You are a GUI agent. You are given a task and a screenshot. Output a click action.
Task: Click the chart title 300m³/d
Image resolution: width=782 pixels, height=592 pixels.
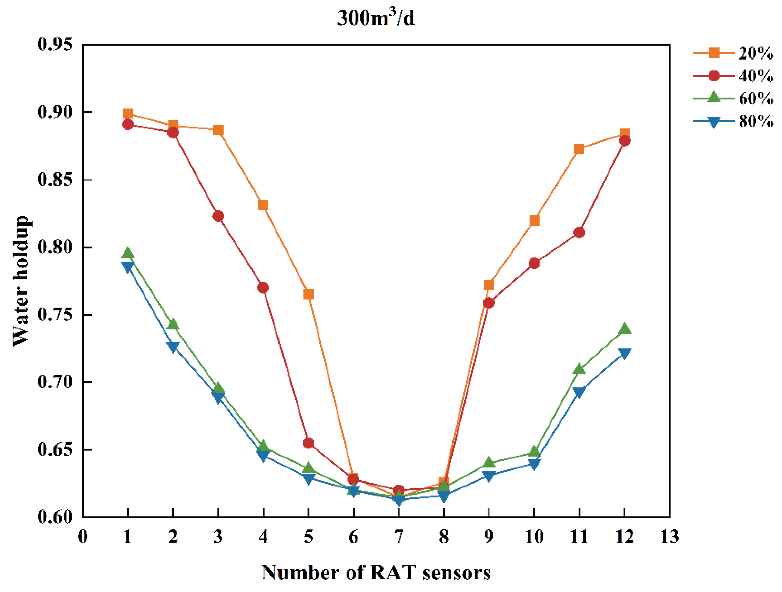click(x=376, y=18)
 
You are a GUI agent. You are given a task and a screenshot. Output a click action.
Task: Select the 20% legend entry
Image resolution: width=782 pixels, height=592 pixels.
click(x=733, y=53)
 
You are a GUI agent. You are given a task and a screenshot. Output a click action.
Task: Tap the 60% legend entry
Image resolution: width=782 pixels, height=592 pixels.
click(x=733, y=99)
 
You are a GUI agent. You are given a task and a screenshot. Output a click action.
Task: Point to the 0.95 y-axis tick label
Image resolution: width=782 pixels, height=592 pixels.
click(x=55, y=45)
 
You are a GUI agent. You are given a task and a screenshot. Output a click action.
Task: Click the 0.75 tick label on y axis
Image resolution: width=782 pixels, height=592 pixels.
click(x=55, y=315)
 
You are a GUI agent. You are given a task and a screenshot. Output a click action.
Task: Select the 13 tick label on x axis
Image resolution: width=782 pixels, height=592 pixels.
click(x=670, y=537)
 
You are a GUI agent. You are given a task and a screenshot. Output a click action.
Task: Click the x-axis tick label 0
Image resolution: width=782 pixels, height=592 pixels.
click(x=83, y=537)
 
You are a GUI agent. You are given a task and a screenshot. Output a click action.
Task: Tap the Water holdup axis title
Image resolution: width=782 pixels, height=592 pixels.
click(x=21, y=281)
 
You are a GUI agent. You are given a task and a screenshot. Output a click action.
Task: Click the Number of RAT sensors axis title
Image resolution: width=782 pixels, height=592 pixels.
click(x=376, y=573)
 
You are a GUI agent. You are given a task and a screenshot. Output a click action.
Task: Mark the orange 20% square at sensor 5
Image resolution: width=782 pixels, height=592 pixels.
click(x=308, y=294)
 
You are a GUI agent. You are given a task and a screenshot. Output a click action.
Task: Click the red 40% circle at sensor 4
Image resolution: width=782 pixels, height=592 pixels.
click(x=263, y=288)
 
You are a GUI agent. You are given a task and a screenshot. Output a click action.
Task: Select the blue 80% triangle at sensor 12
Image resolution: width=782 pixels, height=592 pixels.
click(x=624, y=353)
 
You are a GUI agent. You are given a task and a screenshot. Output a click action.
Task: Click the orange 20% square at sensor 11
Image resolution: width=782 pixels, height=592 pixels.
click(x=579, y=149)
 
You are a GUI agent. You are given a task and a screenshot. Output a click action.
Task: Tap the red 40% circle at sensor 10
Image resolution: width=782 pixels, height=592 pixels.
click(x=534, y=263)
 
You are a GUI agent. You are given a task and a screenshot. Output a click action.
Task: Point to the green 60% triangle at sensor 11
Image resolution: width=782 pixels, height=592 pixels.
click(x=579, y=369)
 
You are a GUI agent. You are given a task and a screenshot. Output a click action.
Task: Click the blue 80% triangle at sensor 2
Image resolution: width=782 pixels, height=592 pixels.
click(x=173, y=347)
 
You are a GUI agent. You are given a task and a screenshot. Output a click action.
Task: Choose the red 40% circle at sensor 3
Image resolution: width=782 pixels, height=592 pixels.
click(x=218, y=216)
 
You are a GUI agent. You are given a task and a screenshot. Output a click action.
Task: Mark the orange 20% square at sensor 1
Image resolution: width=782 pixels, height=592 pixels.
click(x=128, y=113)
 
